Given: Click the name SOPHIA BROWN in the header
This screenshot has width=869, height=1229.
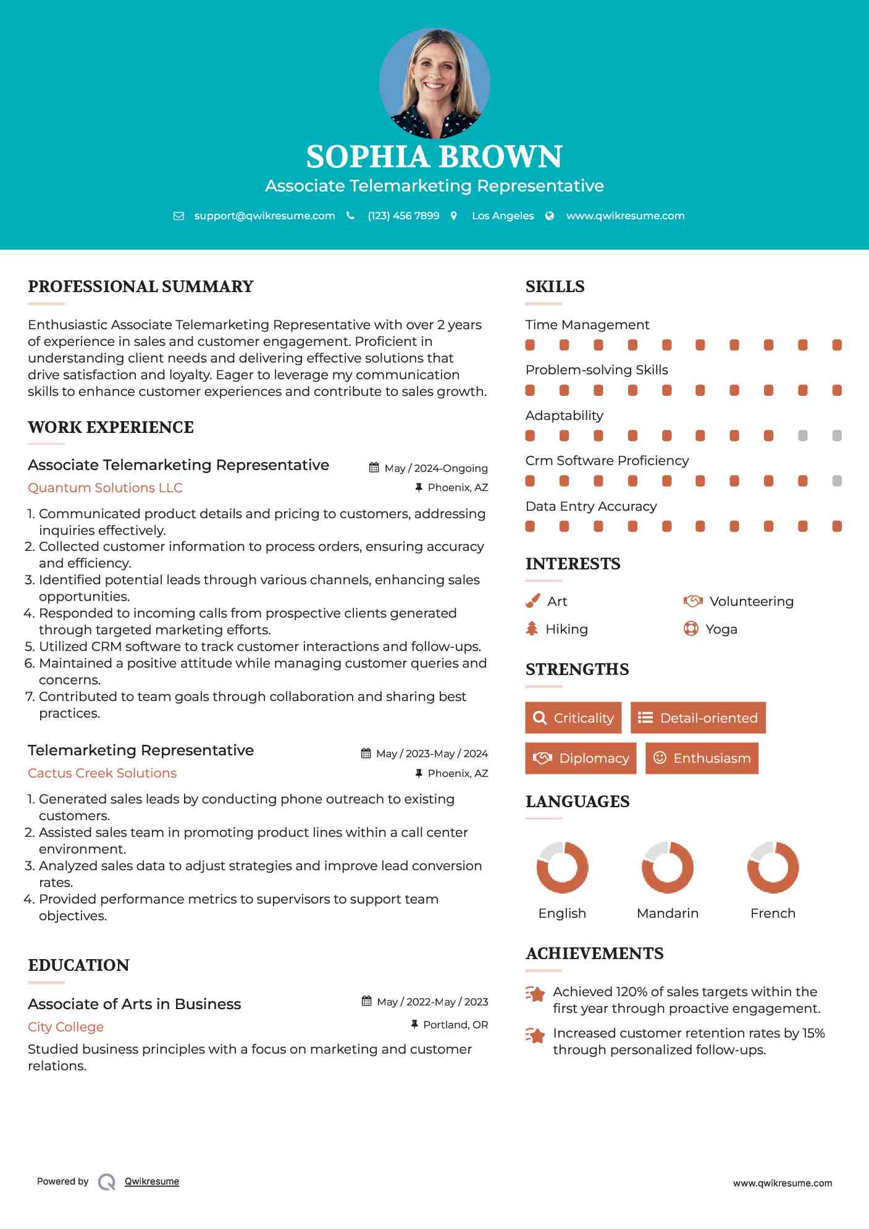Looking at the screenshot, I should pyautogui.click(x=434, y=157).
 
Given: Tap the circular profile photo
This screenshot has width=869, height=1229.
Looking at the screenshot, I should pyautogui.click(x=434, y=83).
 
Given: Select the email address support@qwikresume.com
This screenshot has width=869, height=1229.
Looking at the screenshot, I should pyautogui.click(x=264, y=216).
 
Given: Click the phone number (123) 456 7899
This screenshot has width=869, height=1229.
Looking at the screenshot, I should pyautogui.click(x=403, y=216).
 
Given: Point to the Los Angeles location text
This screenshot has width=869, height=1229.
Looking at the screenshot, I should pyautogui.click(x=502, y=216).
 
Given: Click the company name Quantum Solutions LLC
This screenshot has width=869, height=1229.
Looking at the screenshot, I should pyautogui.click(x=105, y=488).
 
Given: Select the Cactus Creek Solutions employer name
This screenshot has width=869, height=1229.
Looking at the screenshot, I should pyautogui.click(x=102, y=773).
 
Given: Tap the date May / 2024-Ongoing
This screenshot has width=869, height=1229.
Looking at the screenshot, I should pyautogui.click(x=435, y=468).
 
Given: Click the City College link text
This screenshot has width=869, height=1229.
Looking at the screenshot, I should pyautogui.click(x=65, y=1027).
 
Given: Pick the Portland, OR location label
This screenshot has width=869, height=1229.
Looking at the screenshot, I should pyautogui.click(x=455, y=1025).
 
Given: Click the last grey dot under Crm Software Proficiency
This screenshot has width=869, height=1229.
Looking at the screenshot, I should pyautogui.click(x=837, y=481).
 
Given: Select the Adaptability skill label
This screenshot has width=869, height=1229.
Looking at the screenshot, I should pyautogui.click(x=564, y=416).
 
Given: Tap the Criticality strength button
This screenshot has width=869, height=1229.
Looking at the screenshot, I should pyautogui.click(x=573, y=718).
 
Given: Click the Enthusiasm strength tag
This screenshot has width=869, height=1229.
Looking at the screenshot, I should pyautogui.click(x=702, y=758).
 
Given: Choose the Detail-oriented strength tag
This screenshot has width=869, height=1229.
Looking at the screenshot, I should pyautogui.click(x=698, y=718).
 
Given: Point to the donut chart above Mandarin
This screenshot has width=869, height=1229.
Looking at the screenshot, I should pyautogui.click(x=668, y=867).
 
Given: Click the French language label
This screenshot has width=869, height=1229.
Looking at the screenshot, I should pyautogui.click(x=773, y=913).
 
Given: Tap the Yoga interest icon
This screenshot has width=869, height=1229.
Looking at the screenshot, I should pyautogui.click(x=691, y=629).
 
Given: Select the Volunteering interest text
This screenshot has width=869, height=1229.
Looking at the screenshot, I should pyautogui.click(x=751, y=602).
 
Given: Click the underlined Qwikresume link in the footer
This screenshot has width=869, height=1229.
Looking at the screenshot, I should pyautogui.click(x=152, y=1181).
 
